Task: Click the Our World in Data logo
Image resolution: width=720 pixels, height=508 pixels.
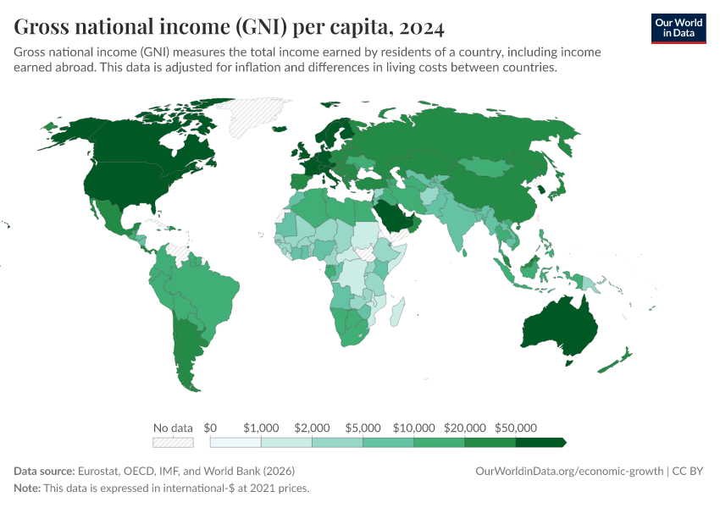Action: tap(678, 28)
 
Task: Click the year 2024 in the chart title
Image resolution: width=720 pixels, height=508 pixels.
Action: tap(417, 28)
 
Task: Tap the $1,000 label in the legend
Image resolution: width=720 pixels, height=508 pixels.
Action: tap(261, 428)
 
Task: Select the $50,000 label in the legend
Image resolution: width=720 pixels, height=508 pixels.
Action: tap(515, 428)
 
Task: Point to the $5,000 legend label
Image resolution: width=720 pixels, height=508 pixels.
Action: tap(363, 428)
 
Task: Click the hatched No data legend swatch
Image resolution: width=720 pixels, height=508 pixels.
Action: tap(173, 442)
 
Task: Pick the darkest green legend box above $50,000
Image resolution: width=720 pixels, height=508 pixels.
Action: tap(540, 442)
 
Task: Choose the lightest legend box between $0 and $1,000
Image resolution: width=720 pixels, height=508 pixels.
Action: tap(235, 442)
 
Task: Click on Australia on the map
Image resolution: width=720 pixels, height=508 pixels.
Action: tap(554, 327)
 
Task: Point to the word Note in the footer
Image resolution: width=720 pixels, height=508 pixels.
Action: tap(27, 489)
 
